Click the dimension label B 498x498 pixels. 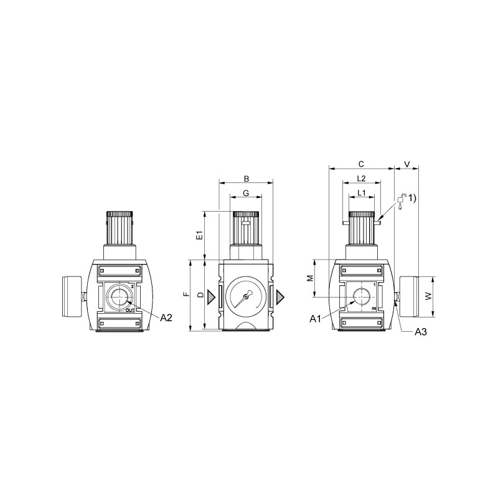point(246,178)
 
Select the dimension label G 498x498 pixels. point(246,194)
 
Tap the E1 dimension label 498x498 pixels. point(199,236)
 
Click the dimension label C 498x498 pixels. point(362,164)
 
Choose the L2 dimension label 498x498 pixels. point(361,179)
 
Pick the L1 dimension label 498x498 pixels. point(361,194)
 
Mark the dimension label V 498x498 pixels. point(407,164)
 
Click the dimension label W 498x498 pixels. point(428,298)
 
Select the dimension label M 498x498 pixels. point(310,279)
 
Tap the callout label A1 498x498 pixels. point(316,319)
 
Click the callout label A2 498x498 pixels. point(166,317)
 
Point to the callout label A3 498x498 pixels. point(421,332)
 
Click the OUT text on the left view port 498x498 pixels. point(129,309)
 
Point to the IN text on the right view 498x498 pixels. point(374,309)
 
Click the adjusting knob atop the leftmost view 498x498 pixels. point(120,228)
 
